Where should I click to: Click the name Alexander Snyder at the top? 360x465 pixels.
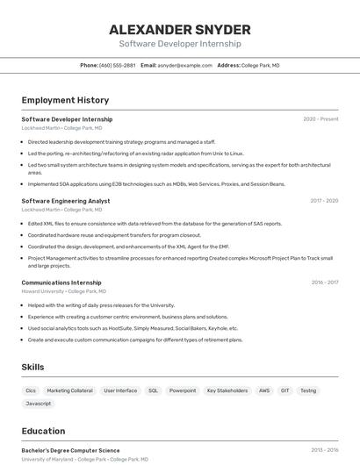(179, 29)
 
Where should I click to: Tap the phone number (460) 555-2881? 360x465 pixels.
(118, 65)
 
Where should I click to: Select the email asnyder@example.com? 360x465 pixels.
(185, 65)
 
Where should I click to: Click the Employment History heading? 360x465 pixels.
(65, 100)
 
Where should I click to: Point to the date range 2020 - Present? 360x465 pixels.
(320, 119)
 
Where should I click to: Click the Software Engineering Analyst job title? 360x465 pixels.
(65, 201)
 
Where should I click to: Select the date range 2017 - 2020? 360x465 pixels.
(324, 201)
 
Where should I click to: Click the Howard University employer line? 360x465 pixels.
(63, 291)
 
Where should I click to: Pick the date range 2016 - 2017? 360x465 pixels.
(324, 283)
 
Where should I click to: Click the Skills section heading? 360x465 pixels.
(33, 367)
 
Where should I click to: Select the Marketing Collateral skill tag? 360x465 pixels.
(69, 390)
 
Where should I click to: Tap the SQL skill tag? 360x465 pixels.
(153, 390)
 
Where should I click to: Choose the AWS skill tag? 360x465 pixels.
(263, 390)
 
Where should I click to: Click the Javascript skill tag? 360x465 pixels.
(38, 404)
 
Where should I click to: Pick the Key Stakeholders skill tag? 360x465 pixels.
(227, 390)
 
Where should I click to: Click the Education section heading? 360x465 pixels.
(43, 431)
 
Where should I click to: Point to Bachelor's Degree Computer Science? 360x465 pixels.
(70, 450)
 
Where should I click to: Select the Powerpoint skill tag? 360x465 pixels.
(183, 390)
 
